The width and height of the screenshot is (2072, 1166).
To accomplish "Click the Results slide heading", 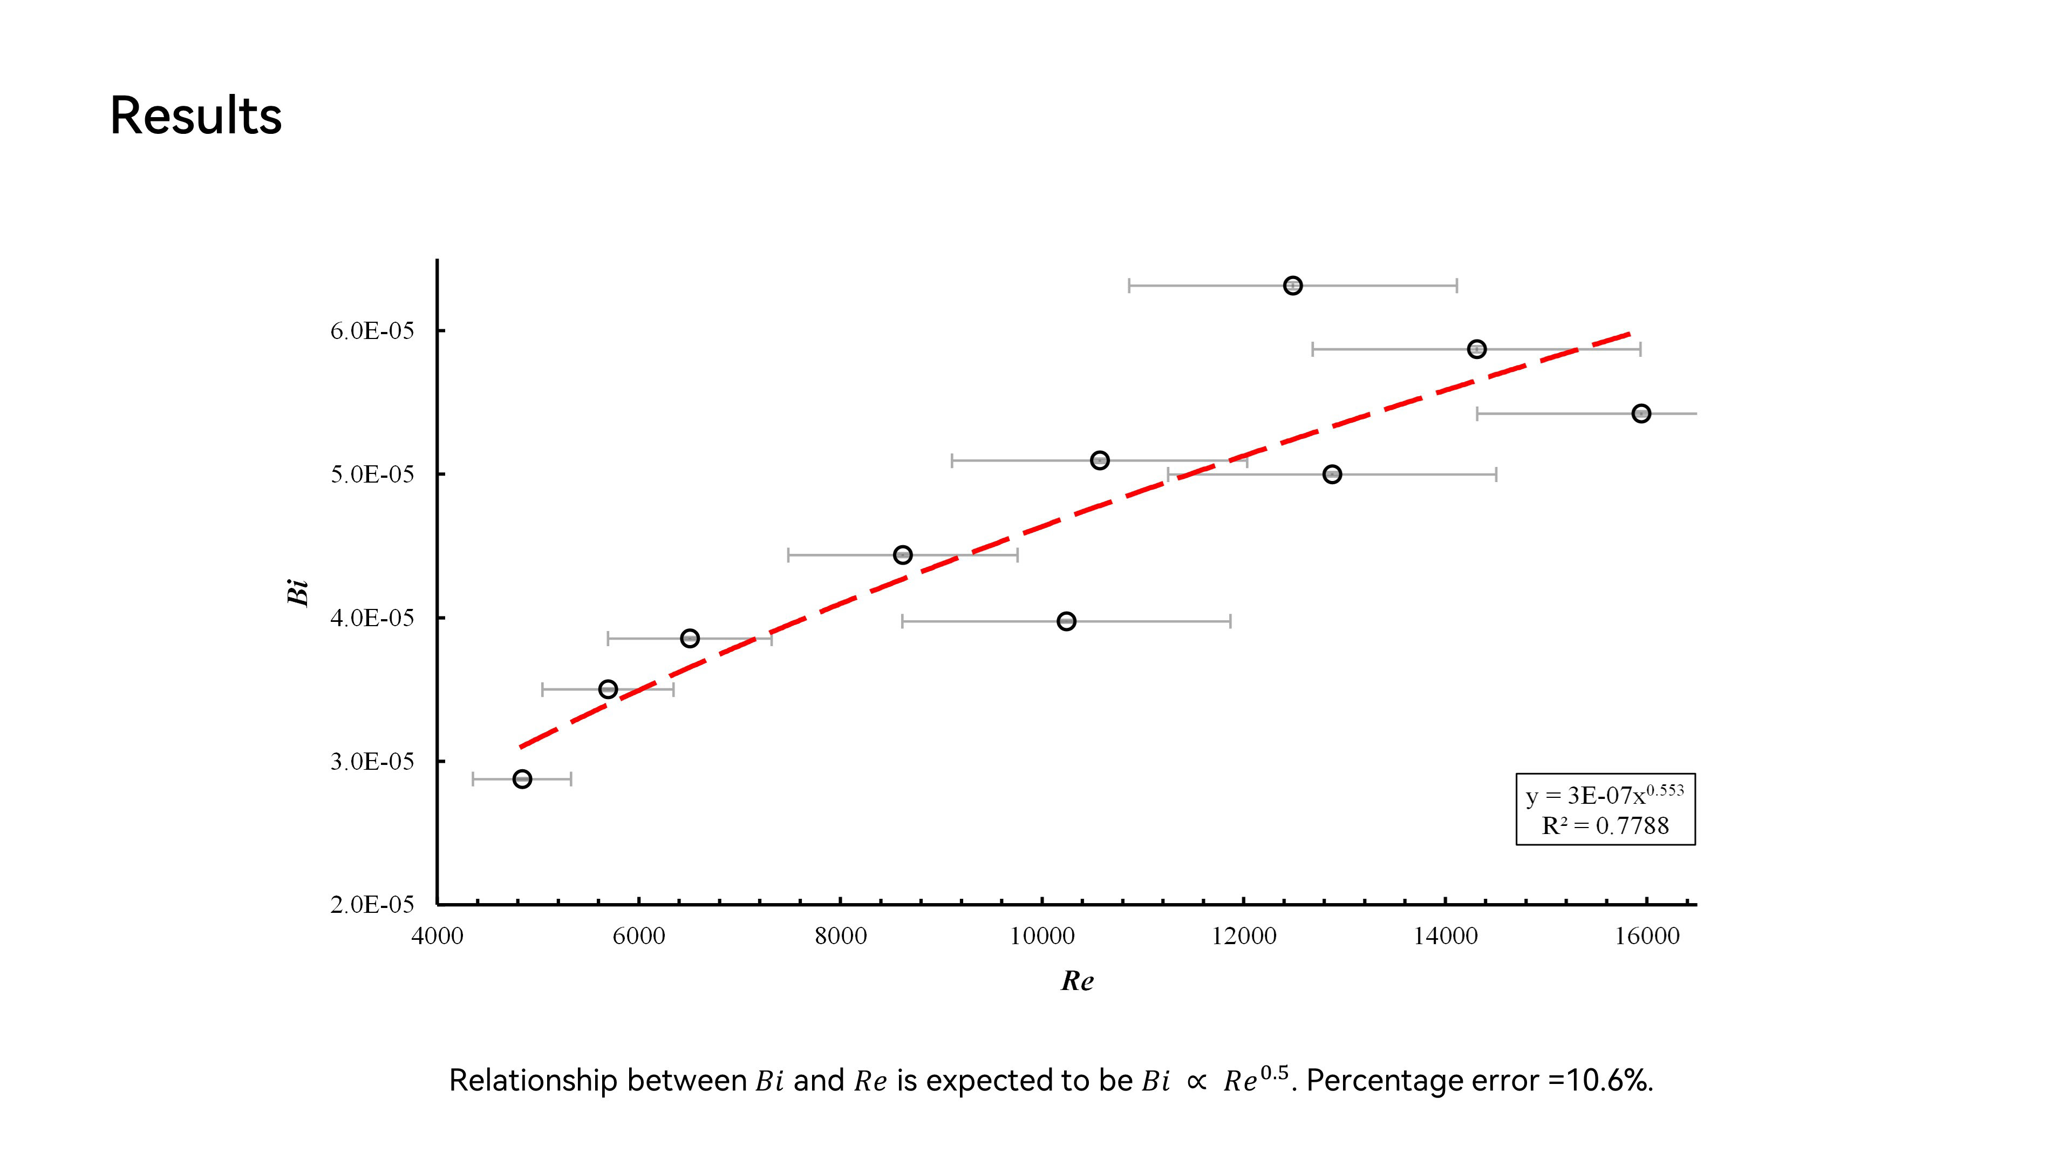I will (195, 116).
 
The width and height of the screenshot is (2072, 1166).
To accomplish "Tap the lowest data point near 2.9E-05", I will (522, 779).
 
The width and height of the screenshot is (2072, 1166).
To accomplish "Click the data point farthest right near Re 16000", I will (1641, 413).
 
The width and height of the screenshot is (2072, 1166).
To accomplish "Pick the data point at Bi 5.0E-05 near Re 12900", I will (1332, 475).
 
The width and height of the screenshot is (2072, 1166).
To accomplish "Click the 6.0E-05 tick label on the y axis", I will (372, 331).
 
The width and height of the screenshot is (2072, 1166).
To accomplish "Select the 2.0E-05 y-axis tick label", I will (372, 905).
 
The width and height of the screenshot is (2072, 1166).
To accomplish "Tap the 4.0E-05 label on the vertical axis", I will (372, 618).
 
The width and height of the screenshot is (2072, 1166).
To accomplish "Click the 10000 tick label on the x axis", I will (1042, 937).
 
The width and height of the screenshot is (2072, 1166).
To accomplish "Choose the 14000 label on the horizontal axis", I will (1446, 937).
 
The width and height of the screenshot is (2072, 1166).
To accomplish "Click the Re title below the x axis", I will (1077, 981).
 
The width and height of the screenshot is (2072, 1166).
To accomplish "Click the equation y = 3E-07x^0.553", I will (1605, 795).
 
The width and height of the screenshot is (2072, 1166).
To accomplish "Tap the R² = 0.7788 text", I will (1605, 825).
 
